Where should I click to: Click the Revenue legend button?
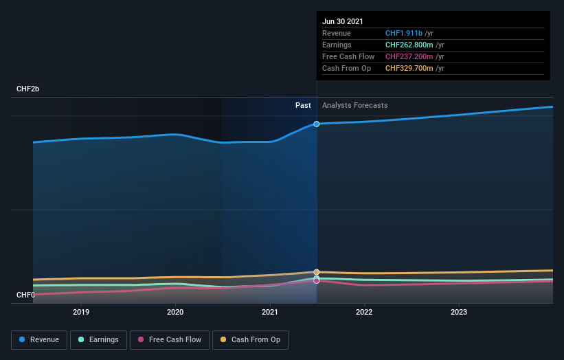pyautogui.click(x=40, y=339)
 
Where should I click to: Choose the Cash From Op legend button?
pyautogui.click(x=250, y=339)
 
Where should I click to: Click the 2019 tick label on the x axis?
pyautogui.click(x=81, y=312)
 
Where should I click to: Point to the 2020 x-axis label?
pyautogui.click(x=175, y=312)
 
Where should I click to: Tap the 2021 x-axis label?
pyautogui.click(x=270, y=312)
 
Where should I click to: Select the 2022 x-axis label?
pyautogui.click(x=364, y=312)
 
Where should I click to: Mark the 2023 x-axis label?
pyautogui.click(x=459, y=312)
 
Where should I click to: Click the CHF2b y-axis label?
pyautogui.click(x=28, y=89)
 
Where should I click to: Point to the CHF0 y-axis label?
pyautogui.click(x=25, y=295)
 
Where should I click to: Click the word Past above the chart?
pyautogui.click(x=303, y=106)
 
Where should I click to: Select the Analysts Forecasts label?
pyautogui.click(x=354, y=106)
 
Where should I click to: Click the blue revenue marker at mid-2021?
pyautogui.click(x=317, y=124)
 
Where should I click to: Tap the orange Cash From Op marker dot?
pyautogui.click(x=317, y=272)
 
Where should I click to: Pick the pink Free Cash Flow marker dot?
pyautogui.click(x=317, y=281)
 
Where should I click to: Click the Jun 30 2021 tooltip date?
pyautogui.click(x=343, y=21)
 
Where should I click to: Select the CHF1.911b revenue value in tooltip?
pyautogui.click(x=404, y=33)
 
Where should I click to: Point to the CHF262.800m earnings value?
pyautogui.click(x=409, y=45)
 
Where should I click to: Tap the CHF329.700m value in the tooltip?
pyautogui.click(x=409, y=68)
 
